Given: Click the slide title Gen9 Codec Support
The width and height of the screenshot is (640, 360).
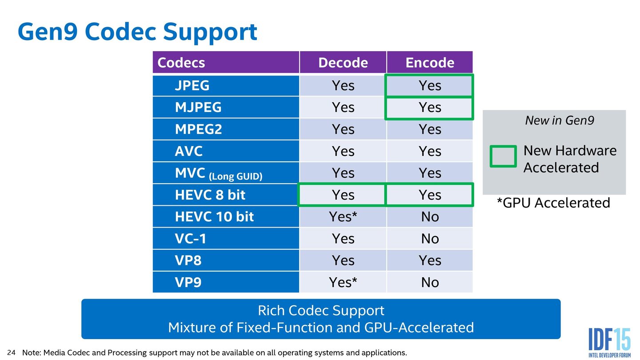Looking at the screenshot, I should click(137, 32).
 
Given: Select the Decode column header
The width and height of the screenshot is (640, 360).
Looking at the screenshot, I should click(343, 63).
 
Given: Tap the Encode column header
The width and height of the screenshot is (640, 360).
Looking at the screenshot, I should click(429, 63).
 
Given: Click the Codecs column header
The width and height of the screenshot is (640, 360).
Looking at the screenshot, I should click(181, 63).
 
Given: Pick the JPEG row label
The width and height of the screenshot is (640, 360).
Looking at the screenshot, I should click(192, 85).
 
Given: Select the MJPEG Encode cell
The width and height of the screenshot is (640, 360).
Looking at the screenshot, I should click(429, 108).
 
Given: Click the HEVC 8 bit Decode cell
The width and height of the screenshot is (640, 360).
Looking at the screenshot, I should click(343, 195).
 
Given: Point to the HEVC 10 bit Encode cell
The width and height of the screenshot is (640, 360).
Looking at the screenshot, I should click(429, 217).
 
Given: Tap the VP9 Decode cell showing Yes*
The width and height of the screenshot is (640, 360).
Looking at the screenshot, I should click(343, 282).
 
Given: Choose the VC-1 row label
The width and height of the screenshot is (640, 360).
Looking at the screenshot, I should click(191, 239).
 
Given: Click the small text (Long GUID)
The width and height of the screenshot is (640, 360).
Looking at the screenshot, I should click(236, 176).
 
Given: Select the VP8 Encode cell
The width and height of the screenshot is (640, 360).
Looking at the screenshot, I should click(429, 260).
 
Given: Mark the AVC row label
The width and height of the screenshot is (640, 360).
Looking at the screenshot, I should click(188, 151).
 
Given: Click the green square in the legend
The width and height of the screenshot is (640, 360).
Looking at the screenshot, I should click(503, 156).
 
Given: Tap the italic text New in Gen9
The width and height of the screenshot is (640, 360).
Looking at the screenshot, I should click(559, 120).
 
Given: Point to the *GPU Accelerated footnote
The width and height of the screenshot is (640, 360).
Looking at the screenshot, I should click(553, 203).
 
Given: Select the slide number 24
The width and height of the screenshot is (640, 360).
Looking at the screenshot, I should click(12, 353).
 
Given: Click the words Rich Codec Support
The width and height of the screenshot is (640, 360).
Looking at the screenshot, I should click(321, 310).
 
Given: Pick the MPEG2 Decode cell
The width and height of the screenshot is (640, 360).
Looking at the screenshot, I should click(343, 129).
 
